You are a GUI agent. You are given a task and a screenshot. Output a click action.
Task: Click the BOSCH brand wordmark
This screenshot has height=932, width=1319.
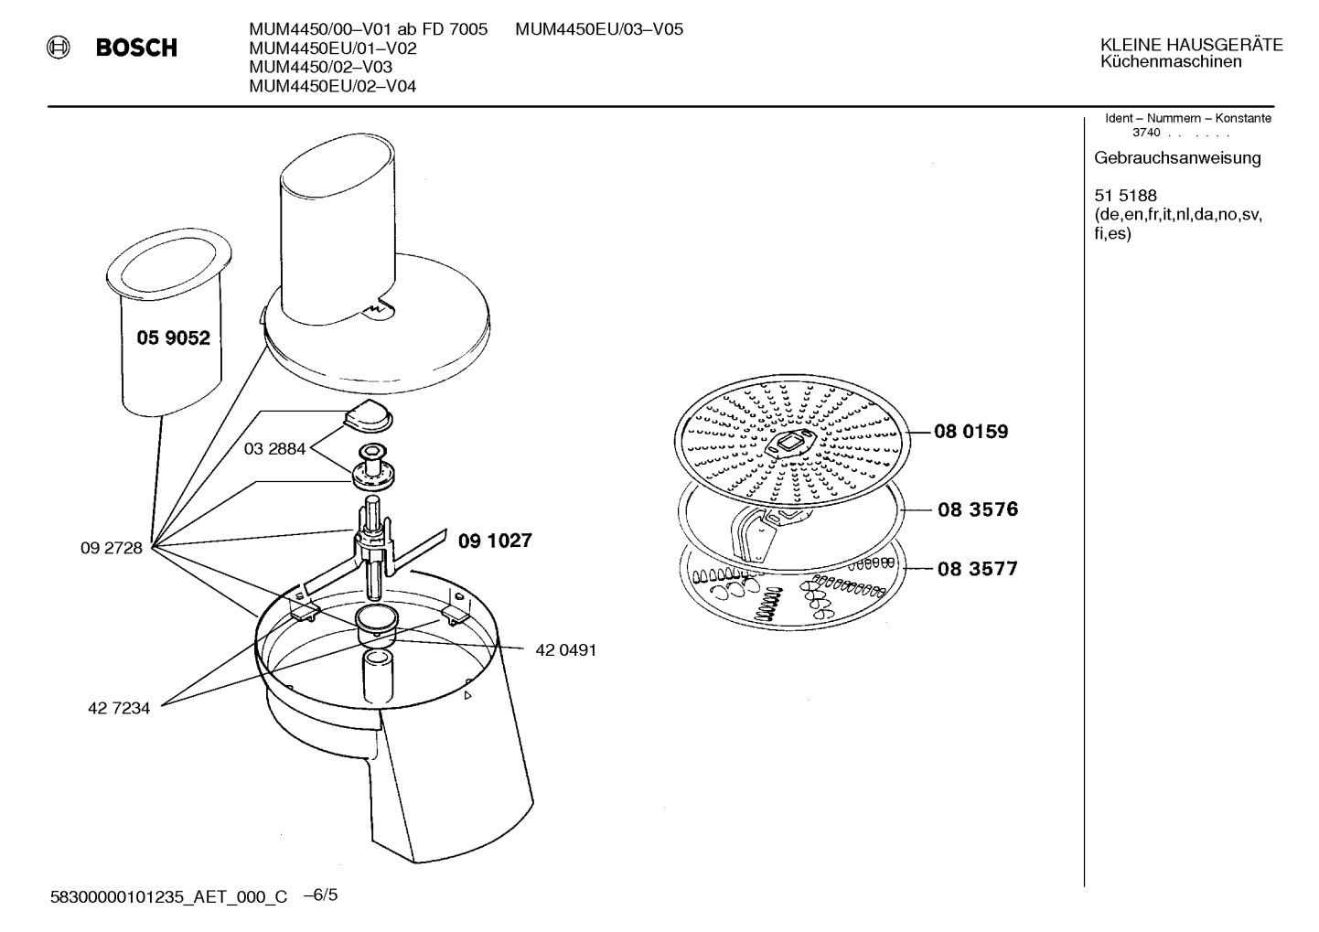(x=136, y=48)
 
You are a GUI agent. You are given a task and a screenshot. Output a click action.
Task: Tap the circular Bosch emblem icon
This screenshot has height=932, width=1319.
(x=59, y=48)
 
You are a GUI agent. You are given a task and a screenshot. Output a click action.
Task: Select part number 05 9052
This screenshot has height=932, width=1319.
(x=173, y=337)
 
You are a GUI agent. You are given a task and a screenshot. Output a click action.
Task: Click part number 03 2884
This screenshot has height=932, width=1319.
(x=274, y=449)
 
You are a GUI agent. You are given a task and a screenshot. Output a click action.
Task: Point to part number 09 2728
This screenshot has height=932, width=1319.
(x=112, y=548)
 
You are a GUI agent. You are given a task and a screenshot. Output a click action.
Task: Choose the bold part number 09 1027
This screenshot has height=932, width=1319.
(x=495, y=541)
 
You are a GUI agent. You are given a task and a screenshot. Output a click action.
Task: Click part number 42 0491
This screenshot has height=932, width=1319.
(x=566, y=650)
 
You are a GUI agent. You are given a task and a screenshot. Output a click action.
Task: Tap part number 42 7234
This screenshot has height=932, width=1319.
(x=119, y=708)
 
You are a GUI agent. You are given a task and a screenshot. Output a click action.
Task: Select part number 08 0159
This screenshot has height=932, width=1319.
(x=971, y=432)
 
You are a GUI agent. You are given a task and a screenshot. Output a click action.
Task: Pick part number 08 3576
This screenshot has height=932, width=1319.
(x=978, y=509)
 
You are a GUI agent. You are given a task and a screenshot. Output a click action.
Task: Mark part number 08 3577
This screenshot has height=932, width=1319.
(x=978, y=569)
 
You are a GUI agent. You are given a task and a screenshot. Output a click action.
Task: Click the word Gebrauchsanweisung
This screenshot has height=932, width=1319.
(x=1177, y=158)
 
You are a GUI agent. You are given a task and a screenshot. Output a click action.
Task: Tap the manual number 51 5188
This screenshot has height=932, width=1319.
(x=1125, y=196)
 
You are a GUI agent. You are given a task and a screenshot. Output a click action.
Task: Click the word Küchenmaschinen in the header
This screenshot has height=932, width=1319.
(x=1171, y=62)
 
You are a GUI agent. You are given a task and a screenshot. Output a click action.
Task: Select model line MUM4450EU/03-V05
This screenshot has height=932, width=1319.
(x=599, y=29)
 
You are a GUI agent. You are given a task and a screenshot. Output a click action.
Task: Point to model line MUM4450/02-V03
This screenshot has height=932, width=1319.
(x=320, y=67)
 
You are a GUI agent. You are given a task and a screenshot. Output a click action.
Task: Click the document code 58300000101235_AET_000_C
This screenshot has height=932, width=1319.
(x=168, y=897)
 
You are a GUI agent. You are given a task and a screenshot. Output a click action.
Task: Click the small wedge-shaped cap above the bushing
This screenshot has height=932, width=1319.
(x=366, y=415)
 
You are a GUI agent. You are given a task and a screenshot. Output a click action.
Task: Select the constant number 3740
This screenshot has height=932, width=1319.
(x=1146, y=133)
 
